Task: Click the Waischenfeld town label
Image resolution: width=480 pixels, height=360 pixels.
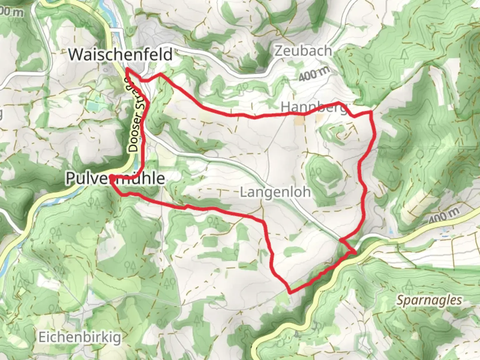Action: (121, 54)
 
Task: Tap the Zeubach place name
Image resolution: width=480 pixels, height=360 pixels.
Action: (303, 51)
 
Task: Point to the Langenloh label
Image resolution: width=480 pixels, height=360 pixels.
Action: (275, 192)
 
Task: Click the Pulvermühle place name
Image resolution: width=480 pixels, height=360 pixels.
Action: (115, 178)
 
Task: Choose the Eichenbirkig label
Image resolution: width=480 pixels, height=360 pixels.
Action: (80, 337)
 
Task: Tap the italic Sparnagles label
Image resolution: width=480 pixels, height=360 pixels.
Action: (429, 300)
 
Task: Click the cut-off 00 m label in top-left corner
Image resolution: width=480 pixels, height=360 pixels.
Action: (12, 12)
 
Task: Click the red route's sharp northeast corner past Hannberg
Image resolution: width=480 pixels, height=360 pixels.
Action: (371, 112)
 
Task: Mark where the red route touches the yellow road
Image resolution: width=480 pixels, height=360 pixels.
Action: (355, 253)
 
